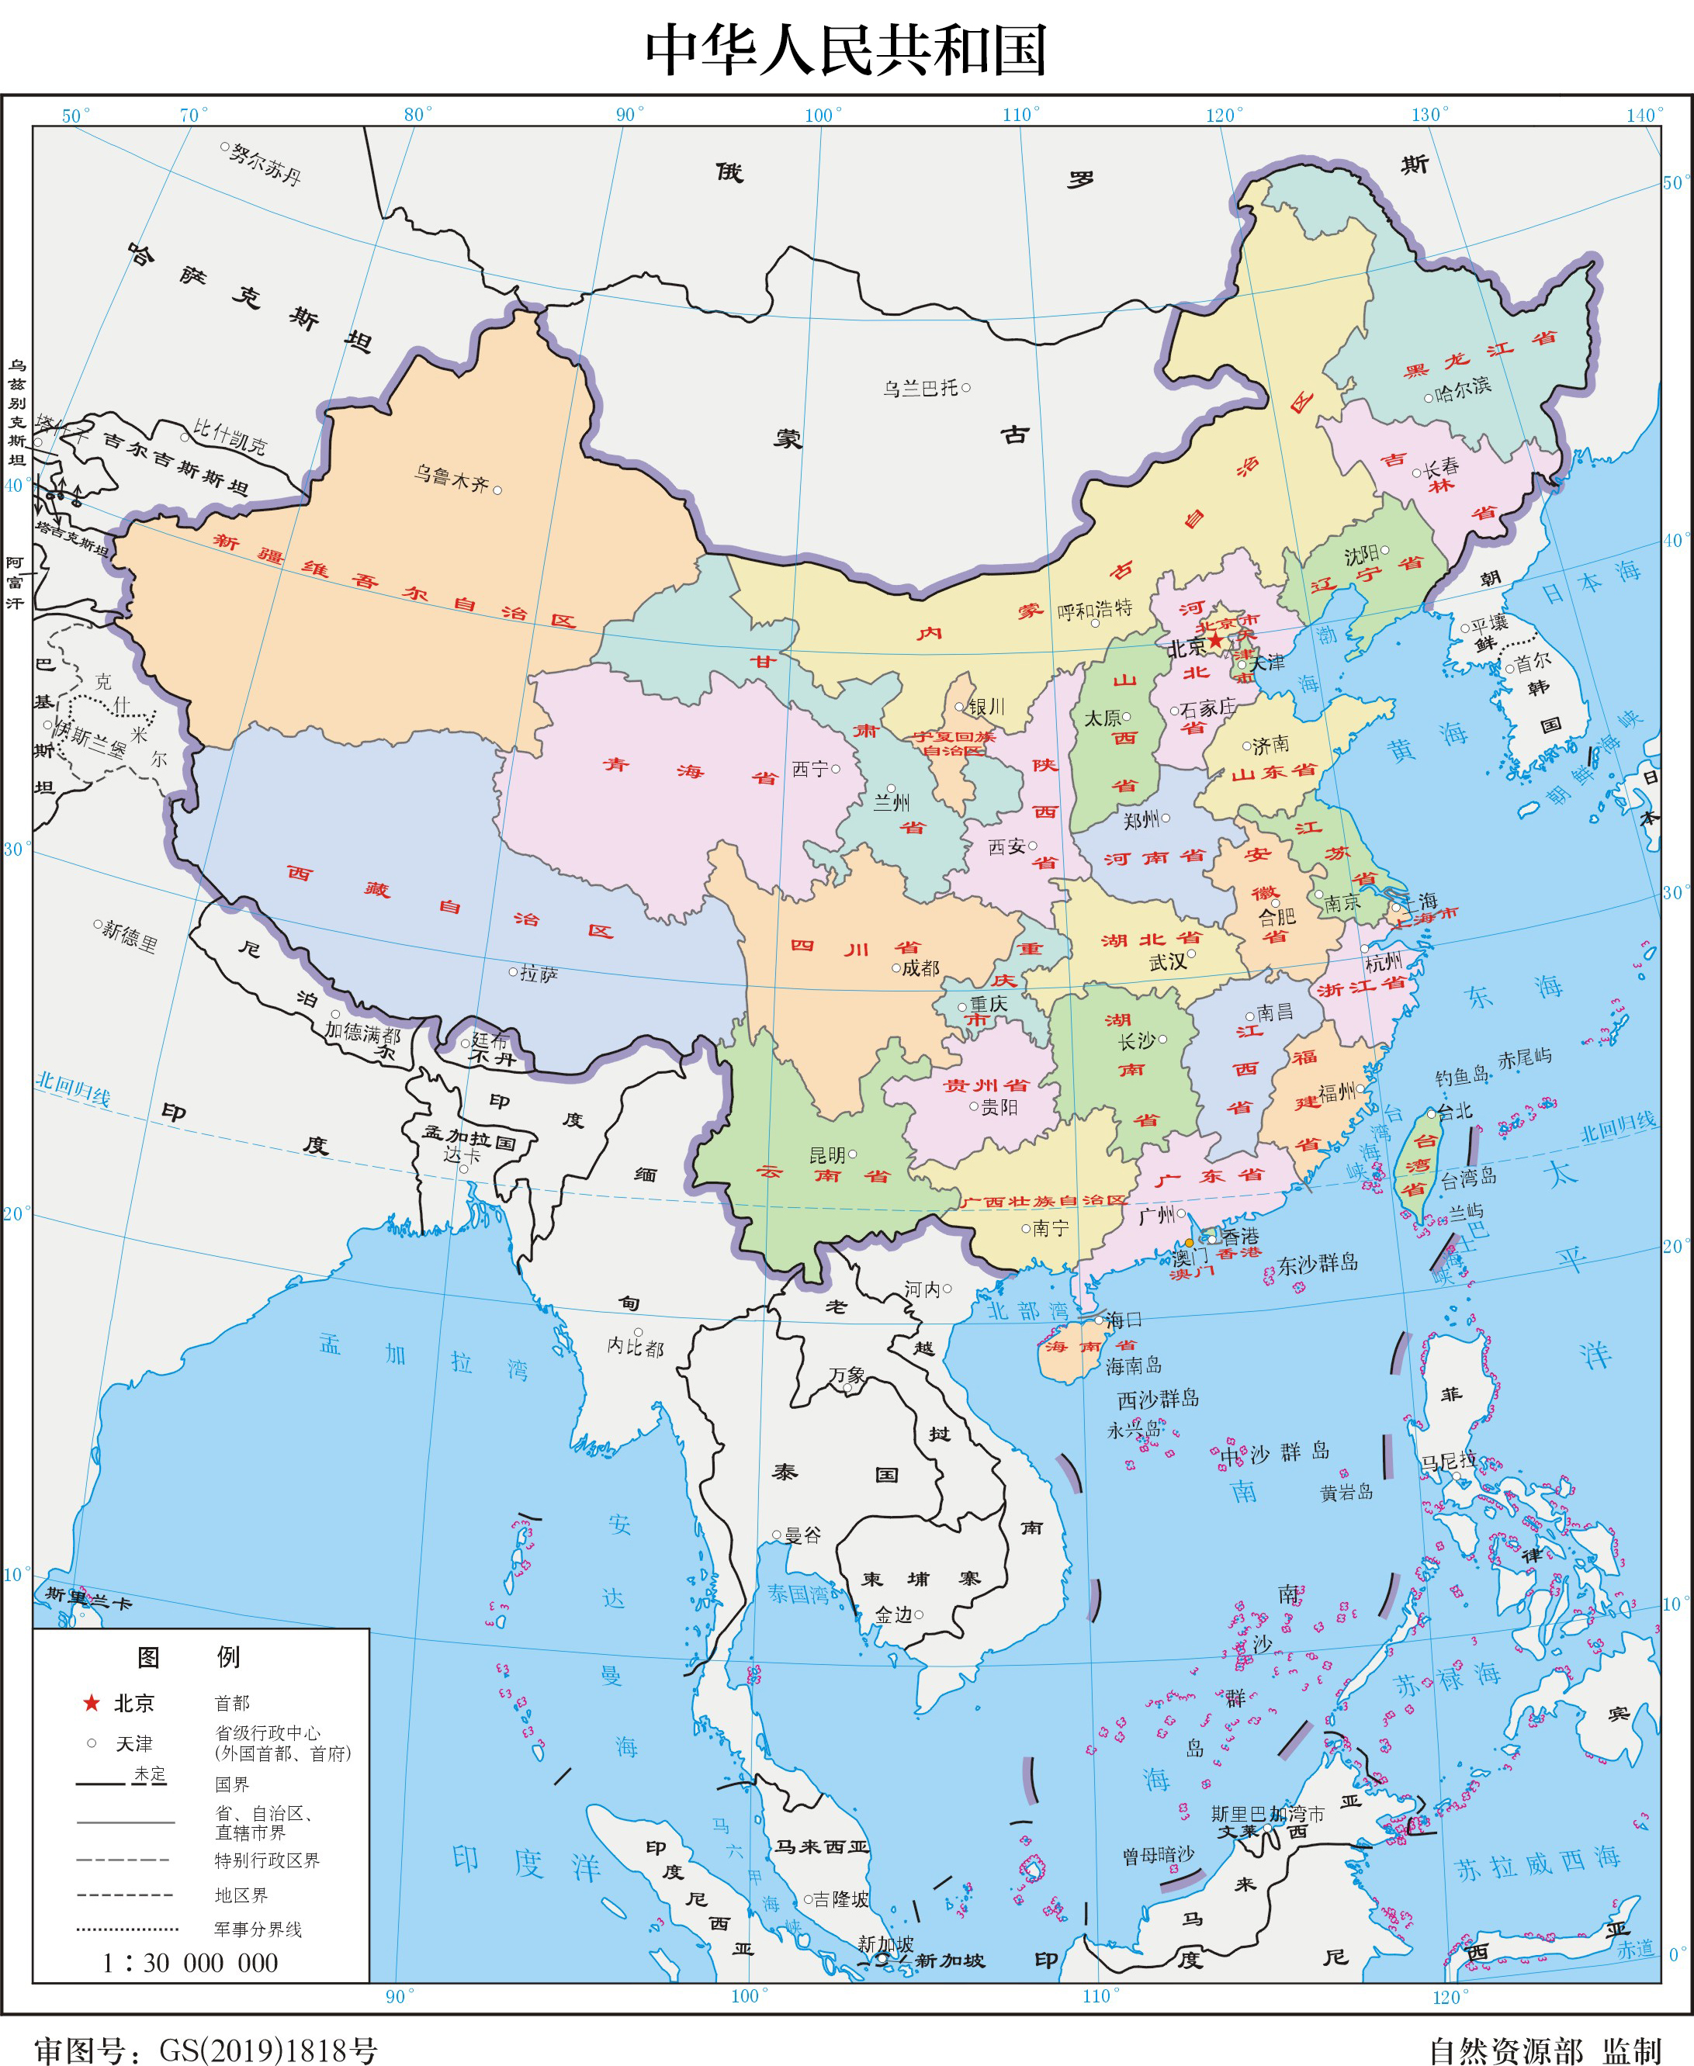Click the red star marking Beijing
tap(1215, 640)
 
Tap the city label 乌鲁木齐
tap(450, 478)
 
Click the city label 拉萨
tap(539, 973)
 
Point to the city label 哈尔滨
tap(1463, 388)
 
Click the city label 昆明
tap(826, 1155)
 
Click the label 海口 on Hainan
tap(1123, 1320)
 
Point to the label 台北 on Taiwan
tap(1455, 1111)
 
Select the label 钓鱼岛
tap(1460, 1077)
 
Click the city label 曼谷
tap(803, 1535)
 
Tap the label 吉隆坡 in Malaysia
tap(840, 1898)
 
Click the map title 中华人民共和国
tap(846, 50)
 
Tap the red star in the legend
tap(92, 1703)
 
